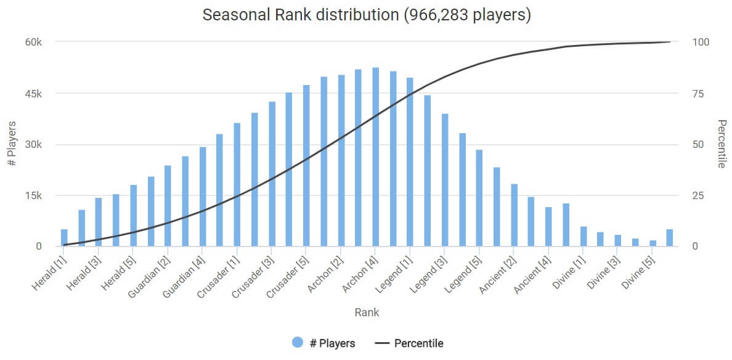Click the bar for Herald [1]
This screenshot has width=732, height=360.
point(64,238)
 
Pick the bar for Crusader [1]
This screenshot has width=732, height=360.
point(237,185)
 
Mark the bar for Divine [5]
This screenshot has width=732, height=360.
point(653,243)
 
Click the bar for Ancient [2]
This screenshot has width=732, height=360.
point(514,215)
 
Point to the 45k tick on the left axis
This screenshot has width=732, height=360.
point(33,94)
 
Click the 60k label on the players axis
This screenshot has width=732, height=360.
point(33,42)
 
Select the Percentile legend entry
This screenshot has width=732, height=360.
point(410,343)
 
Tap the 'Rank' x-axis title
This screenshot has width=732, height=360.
point(367,313)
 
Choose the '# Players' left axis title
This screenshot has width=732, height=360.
point(10,144)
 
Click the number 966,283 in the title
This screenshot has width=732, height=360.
point(431,15)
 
